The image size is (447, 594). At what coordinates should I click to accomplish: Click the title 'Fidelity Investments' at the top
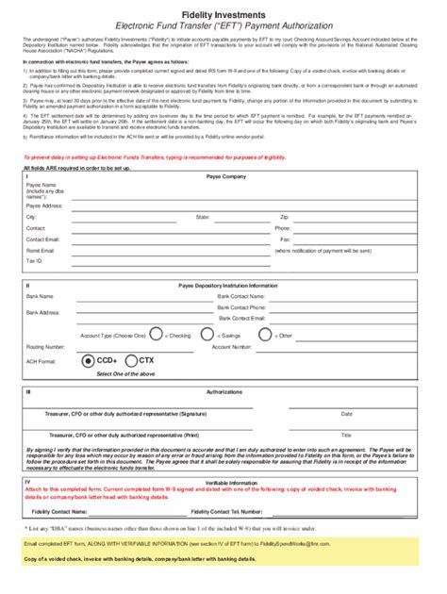(x=223, y=8)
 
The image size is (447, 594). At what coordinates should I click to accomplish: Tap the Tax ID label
(x=35, y=260)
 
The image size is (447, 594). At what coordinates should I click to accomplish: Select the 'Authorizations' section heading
(x=223, y=390)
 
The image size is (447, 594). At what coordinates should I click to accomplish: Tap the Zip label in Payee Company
(x=285, y=217)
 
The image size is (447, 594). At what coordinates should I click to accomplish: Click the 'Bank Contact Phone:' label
(x=241, y=307)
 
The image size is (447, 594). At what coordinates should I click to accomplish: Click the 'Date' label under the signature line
(x=346, y=414)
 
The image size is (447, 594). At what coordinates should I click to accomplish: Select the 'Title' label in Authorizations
(x=346, y=436)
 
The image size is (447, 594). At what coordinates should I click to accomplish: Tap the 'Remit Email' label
(x=41, y=252)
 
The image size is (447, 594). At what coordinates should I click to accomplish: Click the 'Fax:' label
(x=286, y=239)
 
